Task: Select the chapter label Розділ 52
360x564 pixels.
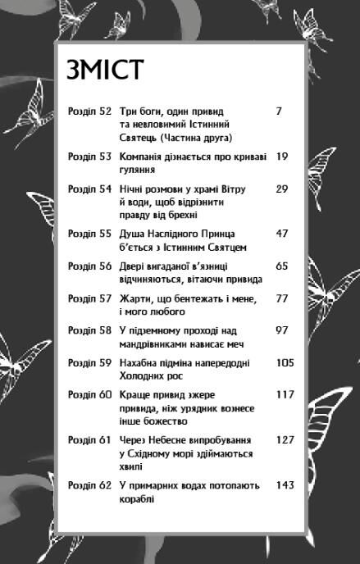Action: click(x=89, y=111)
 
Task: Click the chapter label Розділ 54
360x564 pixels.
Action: click(x=89, y=189)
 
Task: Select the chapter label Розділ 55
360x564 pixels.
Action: click(x=89, y=234)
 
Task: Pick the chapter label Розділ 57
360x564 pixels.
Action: click(x=89, y=298)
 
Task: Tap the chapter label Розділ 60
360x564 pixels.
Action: click(x=89, y=395)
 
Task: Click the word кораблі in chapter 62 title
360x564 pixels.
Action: click(x=136, y=498)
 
